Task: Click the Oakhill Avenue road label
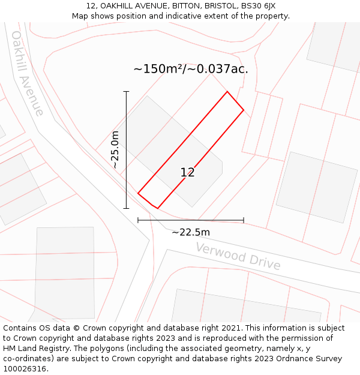pos(28,73)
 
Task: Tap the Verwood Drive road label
pos(238,256)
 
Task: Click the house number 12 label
pos(187,173)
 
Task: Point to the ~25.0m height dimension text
pos(115,149)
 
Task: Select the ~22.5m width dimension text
pos(191,232)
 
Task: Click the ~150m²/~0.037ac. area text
pos(191,69)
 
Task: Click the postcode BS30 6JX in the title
pos(259,6)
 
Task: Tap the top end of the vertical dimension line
pos(126,92)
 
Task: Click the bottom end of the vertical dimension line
pos(126,208)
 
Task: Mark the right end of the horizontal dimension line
pos(244,220)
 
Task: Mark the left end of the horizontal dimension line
pos(138,220)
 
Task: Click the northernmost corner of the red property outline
pos(227,92)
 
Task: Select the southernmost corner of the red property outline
pos(157,208)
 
